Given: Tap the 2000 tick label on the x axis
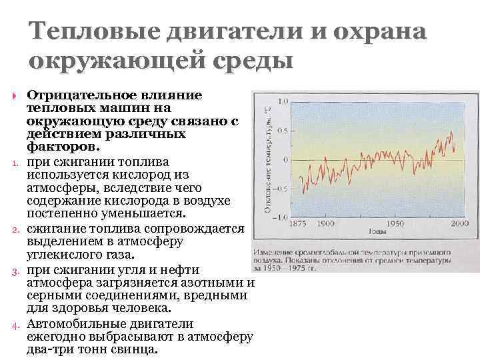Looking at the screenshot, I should coord(458,224).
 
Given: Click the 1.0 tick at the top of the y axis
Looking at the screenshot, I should coord(282,102).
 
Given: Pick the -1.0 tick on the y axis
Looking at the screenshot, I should coord(281,217).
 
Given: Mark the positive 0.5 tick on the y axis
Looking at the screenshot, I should coord(282,131).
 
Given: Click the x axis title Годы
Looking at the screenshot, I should coord(377,233).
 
